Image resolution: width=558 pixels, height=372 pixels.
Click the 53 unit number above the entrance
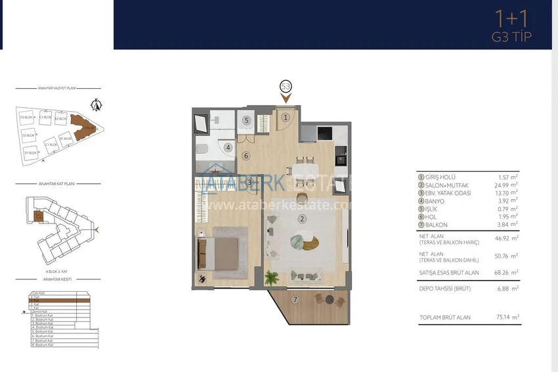point(286,86)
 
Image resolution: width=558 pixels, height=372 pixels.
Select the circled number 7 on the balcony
point(295,300)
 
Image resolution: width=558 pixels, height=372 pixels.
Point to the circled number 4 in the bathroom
point(228,147)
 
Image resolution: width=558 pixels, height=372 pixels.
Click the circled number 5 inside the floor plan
point(246,120)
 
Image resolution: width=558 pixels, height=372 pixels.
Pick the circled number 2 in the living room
point(302,219)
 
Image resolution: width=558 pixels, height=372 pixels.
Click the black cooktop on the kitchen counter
point(325,133)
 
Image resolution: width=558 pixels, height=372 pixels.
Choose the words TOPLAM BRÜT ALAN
point(445,317)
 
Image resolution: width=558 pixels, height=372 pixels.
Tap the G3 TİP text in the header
point(511,36)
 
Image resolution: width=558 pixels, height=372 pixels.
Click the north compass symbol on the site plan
point(97,103)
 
